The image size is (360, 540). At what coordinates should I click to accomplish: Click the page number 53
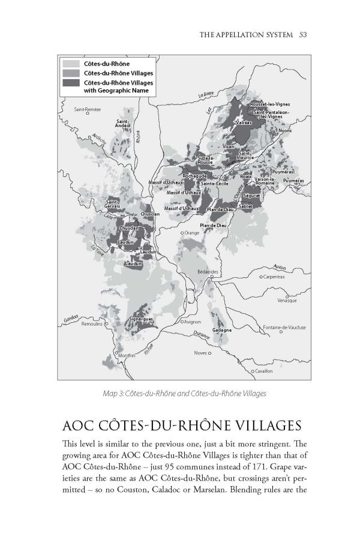pyautogui.click(x=302, y=35)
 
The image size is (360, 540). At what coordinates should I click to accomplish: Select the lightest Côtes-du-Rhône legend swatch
pyautogui.click(x=71, y=63)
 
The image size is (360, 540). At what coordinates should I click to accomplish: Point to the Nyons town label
pyautogui.click(x=284, y=130)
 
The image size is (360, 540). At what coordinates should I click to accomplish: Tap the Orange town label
pyautogui.click(x=192, y=233)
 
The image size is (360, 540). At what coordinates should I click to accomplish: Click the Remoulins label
pyautogui.click(x=94, y=323)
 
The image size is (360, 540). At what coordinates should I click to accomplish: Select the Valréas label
pyautogui.click(x=244, y=122)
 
